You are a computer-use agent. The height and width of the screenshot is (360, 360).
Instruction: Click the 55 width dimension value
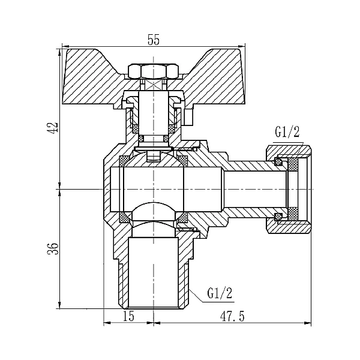(153, 40)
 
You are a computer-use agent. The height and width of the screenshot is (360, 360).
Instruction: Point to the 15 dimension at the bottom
(128, 316)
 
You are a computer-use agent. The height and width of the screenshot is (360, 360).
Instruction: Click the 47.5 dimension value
(231, 316)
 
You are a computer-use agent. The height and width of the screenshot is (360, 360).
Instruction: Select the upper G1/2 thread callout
(287, 132)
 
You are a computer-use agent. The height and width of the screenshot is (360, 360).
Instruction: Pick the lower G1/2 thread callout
(220, 293)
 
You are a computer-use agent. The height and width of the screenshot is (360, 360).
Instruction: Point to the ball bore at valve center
(154, 188)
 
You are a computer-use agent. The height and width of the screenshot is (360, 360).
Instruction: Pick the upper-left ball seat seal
(125, 160)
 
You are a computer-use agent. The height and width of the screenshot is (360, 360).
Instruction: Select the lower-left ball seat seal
(125, 217)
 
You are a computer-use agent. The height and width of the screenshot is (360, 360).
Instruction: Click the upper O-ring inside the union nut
(278, 161)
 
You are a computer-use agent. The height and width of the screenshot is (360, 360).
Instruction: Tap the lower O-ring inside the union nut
(278, 216)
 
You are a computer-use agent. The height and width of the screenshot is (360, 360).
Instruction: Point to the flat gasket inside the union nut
(294, 188)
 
